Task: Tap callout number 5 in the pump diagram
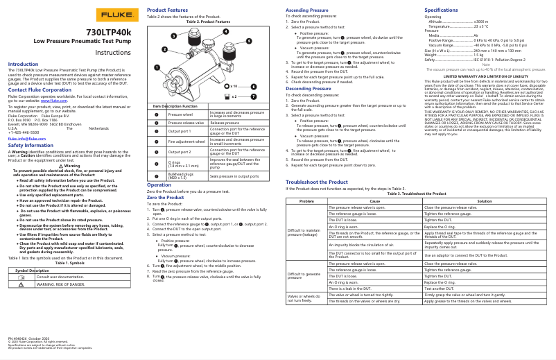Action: (x=248, y=43)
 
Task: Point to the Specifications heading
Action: (x=441, y=10)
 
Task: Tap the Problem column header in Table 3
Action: (x=306, y=202)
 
